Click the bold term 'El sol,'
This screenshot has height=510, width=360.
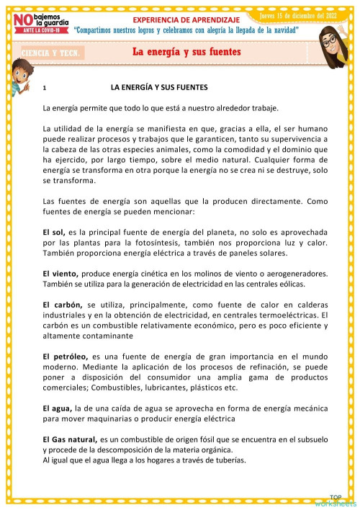[54, 233]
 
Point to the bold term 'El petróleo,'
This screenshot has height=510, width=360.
[66, 357]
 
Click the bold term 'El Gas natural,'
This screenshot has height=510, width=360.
[70, 439]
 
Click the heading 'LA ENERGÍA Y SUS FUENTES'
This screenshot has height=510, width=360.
[158, 87]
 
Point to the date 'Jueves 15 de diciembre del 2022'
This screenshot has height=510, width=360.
[298, 14]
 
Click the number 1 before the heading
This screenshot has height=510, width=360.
[45, 88]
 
